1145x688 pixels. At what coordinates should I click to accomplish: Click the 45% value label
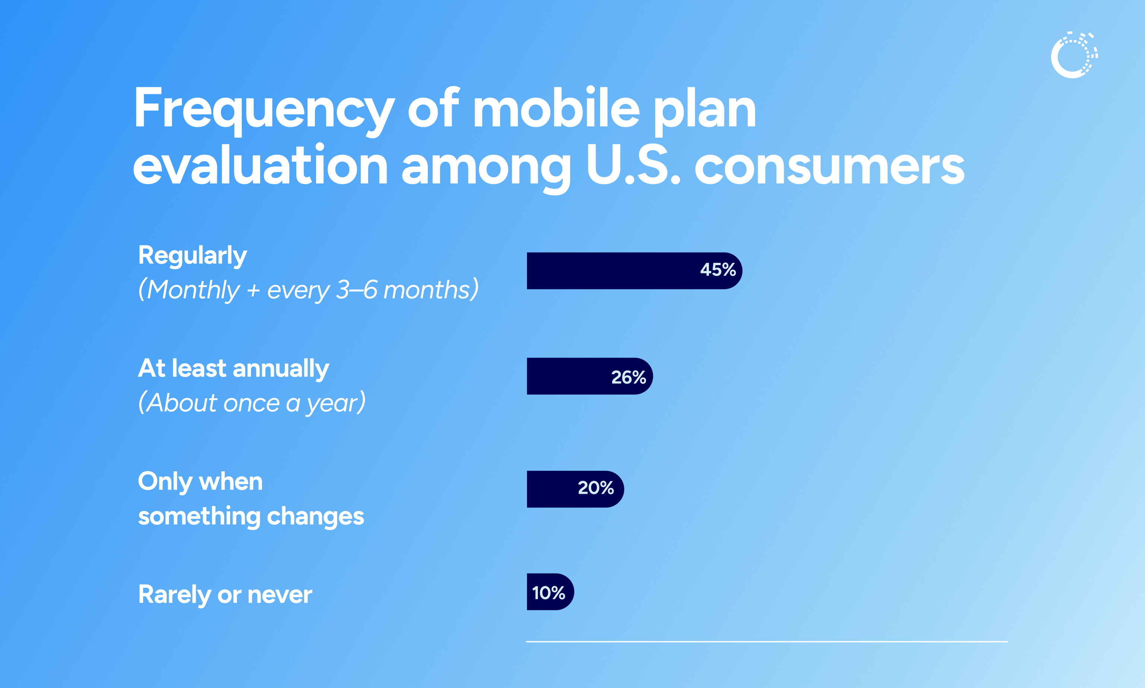717,270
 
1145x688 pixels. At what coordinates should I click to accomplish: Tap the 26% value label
628,377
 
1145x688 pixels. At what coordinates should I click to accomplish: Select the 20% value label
596,488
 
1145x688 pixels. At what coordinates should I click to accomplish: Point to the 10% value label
548,593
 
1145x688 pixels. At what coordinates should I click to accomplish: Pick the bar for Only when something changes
551,489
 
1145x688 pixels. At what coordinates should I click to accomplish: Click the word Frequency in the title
264,109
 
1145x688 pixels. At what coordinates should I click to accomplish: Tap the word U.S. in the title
633,166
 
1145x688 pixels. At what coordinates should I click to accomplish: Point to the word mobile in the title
556,109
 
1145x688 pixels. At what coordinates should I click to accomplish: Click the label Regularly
192,256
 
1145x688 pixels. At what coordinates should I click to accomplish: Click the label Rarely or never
225,595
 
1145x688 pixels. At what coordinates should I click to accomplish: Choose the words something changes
251,516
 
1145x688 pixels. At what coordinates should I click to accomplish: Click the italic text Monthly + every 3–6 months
308,290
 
